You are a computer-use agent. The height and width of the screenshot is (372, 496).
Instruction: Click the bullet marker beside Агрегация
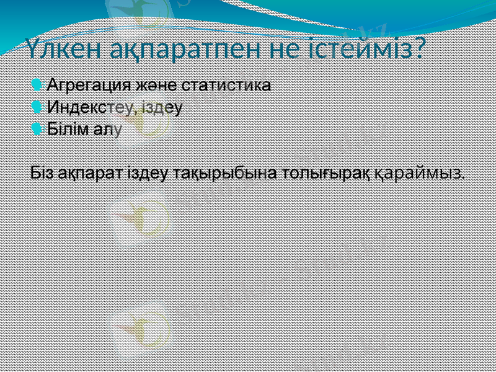click(x=37, y=84)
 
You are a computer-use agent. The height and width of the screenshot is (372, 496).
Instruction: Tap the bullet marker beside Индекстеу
click(x=37, y=107)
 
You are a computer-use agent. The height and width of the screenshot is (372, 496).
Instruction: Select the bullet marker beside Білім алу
click(x=37, y=129)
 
